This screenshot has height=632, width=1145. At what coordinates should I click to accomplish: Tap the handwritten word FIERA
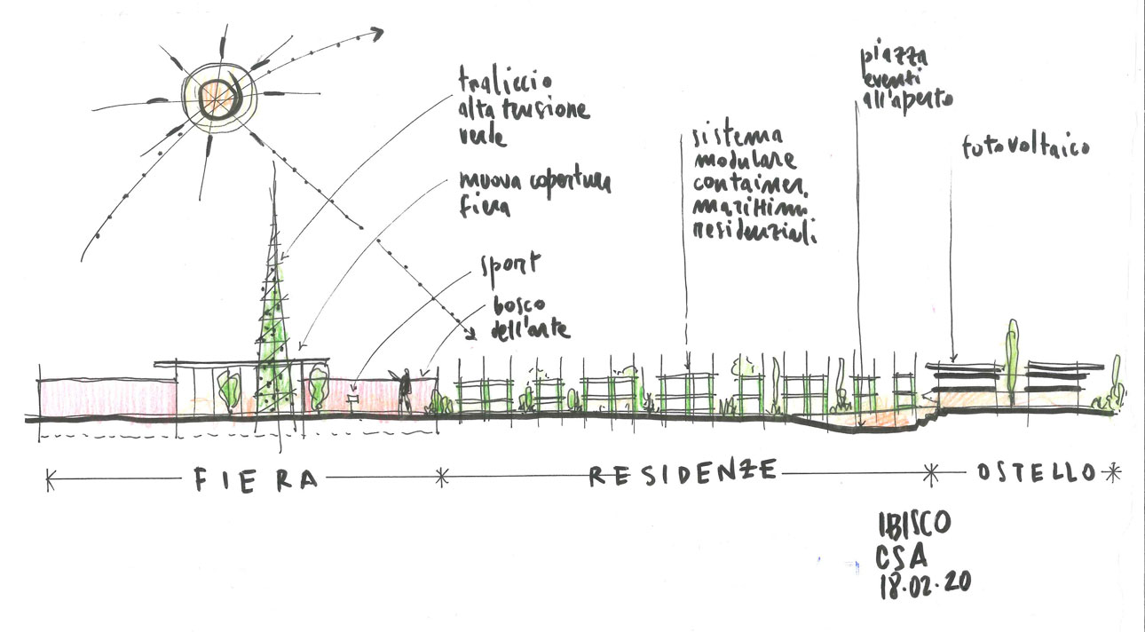255,479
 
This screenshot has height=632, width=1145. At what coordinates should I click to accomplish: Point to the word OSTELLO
1036,473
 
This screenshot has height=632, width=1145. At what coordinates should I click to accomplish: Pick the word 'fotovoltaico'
1025,148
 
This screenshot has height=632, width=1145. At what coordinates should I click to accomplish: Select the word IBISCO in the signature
914,524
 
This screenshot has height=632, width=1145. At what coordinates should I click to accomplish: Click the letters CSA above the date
904,557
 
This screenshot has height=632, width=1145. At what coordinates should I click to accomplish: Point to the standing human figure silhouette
405,391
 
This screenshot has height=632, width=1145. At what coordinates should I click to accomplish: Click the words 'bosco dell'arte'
528,318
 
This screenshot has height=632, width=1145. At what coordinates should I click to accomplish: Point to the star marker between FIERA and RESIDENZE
443,478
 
